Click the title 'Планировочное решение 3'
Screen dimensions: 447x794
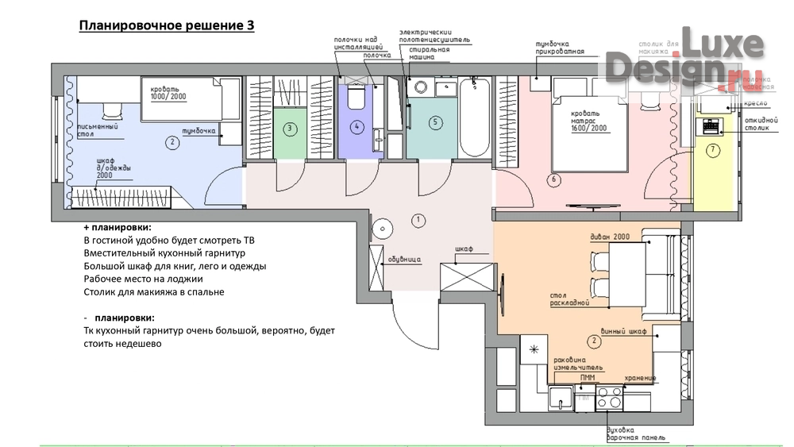point(167,26)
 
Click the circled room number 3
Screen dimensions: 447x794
point(291,128)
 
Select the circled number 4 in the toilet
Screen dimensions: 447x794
point(357,127)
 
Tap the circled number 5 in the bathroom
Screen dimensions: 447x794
point(434,122)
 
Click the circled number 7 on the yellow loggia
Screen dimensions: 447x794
point(712,149)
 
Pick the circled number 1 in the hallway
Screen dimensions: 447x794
point(418,218)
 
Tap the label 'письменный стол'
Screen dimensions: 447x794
point(98,129)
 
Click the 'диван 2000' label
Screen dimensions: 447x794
point(610,237)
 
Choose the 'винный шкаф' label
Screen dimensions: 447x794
point(625,329)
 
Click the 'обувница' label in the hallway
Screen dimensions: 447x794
point(404,260)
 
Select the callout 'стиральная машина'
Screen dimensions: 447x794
point(430,53)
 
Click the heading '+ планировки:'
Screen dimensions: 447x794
point(117,227)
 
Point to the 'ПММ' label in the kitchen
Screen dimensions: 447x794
point(588,378)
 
